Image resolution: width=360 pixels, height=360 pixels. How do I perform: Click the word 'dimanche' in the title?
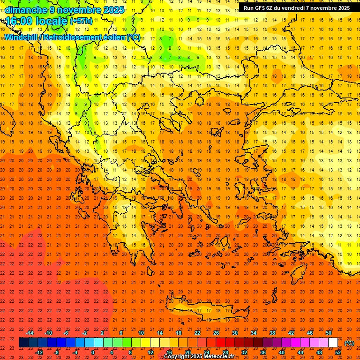26,10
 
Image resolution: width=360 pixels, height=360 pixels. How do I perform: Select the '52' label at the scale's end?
338,352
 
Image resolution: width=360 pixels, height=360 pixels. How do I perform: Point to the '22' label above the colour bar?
197,333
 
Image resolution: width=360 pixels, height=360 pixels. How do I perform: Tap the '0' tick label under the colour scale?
93,352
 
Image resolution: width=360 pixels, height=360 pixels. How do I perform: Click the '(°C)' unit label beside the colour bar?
349,343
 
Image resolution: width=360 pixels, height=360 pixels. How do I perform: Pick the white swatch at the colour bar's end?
333,343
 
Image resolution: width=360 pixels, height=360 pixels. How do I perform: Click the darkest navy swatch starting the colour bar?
23,343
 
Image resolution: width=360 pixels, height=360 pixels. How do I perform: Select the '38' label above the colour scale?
272,333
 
